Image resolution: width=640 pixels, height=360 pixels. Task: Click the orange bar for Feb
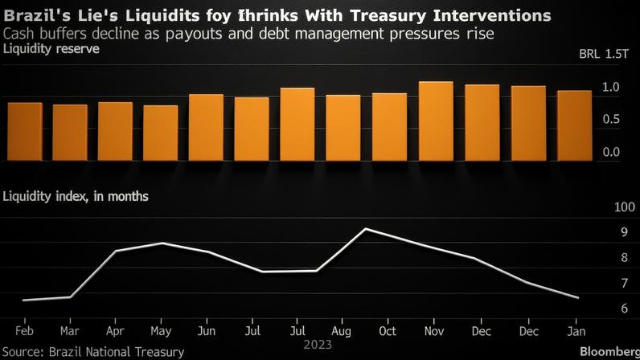click(24, 131)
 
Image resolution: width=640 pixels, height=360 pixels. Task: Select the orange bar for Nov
click(436, 121)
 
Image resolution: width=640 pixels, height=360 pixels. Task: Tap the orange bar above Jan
click(573, 125)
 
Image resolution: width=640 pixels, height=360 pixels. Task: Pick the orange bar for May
click(161, 133)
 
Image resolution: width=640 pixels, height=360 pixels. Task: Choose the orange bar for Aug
click(343, 128)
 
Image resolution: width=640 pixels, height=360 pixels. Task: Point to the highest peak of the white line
click(367, 229)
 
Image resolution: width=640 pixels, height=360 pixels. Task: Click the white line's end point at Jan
click(577, 298)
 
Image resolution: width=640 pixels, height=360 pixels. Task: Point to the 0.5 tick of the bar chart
click(610, 119)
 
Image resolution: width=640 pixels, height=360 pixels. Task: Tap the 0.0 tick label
click(610, 151)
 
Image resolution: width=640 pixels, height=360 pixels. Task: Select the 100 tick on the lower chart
click(601, 207)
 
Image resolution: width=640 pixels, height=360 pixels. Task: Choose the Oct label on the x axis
click(388, 330)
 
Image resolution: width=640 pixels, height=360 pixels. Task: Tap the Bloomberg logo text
click(608, 352)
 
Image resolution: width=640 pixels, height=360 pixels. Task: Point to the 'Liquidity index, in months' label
click(76, 195)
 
